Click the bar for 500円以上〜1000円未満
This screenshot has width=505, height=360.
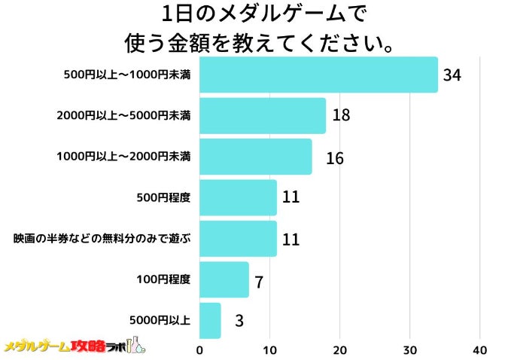[x=318, y=75]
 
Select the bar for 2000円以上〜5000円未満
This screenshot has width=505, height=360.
[x=263, y=116]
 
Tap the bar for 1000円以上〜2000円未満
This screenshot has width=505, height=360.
[x=256, y=157]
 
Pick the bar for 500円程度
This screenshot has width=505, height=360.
[x=238, y=198]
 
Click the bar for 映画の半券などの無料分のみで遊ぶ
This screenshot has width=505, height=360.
[x=238, y=239]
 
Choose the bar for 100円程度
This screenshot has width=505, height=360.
[x=224, y=279]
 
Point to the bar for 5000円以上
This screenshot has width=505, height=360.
[x=210, y=321]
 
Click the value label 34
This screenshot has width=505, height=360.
[x=452, y=75]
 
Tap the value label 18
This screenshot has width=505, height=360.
[x=341, y=116]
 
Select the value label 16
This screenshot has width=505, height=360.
[x=334, y=158]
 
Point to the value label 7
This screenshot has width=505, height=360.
[x=258, y=282]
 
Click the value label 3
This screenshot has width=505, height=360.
[x=239, y=322]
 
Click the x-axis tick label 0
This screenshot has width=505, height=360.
[x=199, y=350]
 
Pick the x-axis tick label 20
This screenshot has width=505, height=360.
[x=340, y=350]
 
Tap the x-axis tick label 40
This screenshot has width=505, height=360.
[x=480, y=350]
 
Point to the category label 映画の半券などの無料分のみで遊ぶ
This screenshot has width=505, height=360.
[x=102, y=239]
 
